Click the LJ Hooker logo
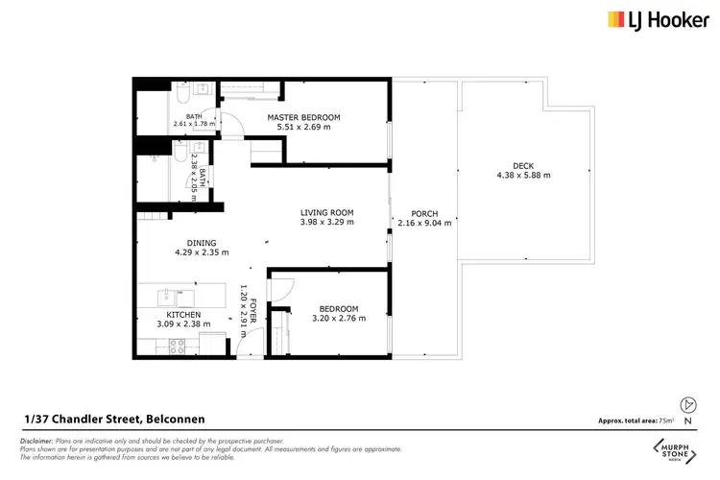[x=655, y=19]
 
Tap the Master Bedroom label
[x=303, y=117]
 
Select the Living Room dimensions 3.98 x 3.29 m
[x=327, y=222]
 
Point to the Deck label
[x=523, y=166]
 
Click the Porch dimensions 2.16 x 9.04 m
[x=424, y=223]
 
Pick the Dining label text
[x=202, y=243]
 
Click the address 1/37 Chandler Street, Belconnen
[x=114, y=420]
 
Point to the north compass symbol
[x=685, y=404]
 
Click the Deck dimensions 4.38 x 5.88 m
[x=523, y=176]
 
